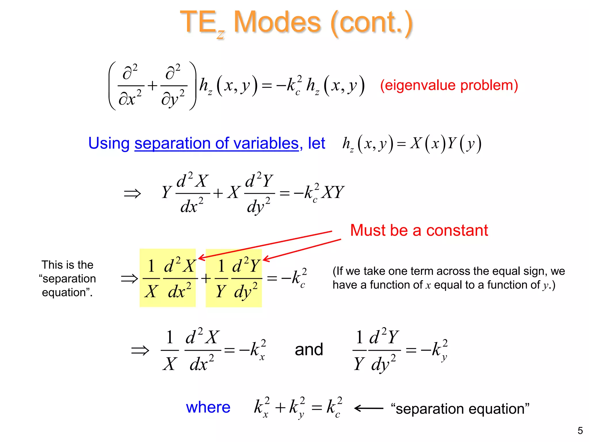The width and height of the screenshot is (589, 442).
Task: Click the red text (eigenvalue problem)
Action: click(449, 85)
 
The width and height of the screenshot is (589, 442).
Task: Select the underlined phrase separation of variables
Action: click(217, 143)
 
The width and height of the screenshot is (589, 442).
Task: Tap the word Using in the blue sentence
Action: click(109, 143)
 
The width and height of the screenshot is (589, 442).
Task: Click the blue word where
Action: click(208, 407)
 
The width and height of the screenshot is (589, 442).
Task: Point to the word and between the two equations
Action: click(309, 350)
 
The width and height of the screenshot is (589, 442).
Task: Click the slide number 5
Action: click(580, 430)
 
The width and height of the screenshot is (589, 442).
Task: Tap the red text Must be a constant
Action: click(419, 230)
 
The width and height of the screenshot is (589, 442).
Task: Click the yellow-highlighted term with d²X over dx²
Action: click(168, 278)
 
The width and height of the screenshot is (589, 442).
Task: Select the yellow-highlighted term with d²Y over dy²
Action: click(234, 278)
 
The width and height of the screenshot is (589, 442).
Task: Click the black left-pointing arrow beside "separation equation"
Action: click(369, 408)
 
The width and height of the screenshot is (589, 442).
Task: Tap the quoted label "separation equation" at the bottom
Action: click(460, 409)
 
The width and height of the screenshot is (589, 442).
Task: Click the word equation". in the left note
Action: click(67, 293)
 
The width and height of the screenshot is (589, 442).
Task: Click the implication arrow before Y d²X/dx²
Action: click(132, 193)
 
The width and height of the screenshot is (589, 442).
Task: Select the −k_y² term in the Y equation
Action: click(434, 350)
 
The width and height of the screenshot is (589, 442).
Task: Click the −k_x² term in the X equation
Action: click(253, 350)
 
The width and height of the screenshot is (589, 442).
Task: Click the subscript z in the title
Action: click(221, 34)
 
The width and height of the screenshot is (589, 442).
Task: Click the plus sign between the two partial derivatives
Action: click(152, 85)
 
